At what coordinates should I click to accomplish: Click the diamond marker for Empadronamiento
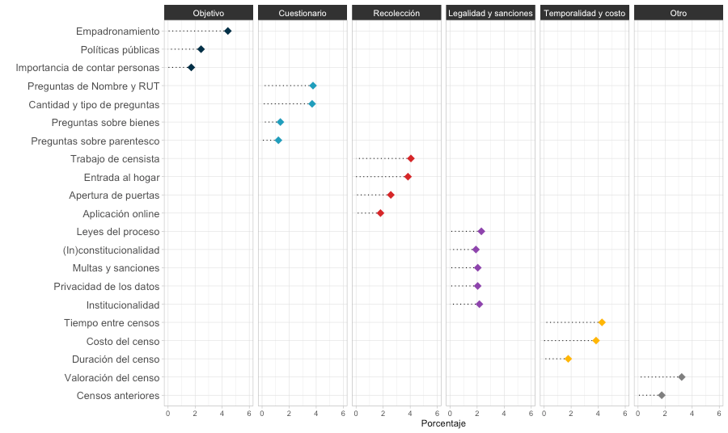tap(227, 31)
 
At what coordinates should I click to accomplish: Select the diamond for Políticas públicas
tap(201, 49)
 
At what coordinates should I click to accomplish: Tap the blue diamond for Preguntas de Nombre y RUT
tap(313, 86)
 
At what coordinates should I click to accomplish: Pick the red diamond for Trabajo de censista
tap(411, 158)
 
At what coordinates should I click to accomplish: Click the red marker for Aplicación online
tap(380, 213)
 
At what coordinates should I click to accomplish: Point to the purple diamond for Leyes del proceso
tap(481, 231)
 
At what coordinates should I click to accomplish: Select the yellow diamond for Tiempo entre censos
tap(602, 322)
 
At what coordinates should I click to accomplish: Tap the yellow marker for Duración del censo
tap(568, 359)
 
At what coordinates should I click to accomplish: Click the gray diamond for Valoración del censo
tap(681, 377)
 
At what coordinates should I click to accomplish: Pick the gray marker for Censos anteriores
tap(662, 395)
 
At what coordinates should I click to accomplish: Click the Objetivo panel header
tap(209, 14)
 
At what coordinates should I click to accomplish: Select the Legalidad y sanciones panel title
tap(491, 14)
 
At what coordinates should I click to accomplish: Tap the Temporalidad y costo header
tap(585, 14)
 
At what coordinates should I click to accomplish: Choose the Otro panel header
tap(679, 14)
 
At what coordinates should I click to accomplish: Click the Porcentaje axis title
tap(443, 424)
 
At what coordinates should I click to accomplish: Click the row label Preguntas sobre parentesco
tap(95, 141)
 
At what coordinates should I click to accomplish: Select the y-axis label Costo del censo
tap(123, 341)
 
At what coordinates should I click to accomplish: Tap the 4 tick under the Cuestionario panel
tap(316, 414)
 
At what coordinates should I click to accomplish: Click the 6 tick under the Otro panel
tap(719, 414)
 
